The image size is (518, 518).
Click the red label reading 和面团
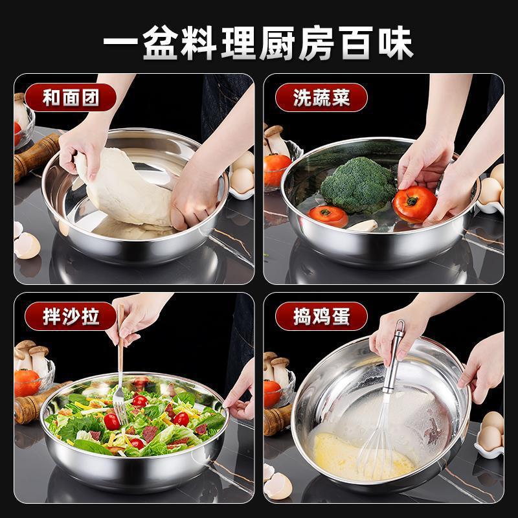point(71,98)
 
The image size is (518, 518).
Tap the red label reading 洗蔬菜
point(321,98)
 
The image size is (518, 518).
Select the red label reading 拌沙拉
point(71,316)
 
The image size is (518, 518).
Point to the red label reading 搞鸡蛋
point(321,316)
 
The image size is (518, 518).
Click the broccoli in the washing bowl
point(359,185)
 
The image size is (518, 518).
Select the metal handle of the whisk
point(394,356)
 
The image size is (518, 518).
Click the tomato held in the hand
point(414,204)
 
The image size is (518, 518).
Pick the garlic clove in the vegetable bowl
point(363,225)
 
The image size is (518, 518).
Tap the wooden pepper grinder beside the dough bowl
point(36,157)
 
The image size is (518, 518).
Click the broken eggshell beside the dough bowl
point(27,245)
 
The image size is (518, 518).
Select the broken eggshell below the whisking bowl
point(278,486)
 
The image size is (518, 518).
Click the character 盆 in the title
point(160,43)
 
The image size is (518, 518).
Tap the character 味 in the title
point(396,43)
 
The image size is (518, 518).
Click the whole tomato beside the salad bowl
point(27,383)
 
